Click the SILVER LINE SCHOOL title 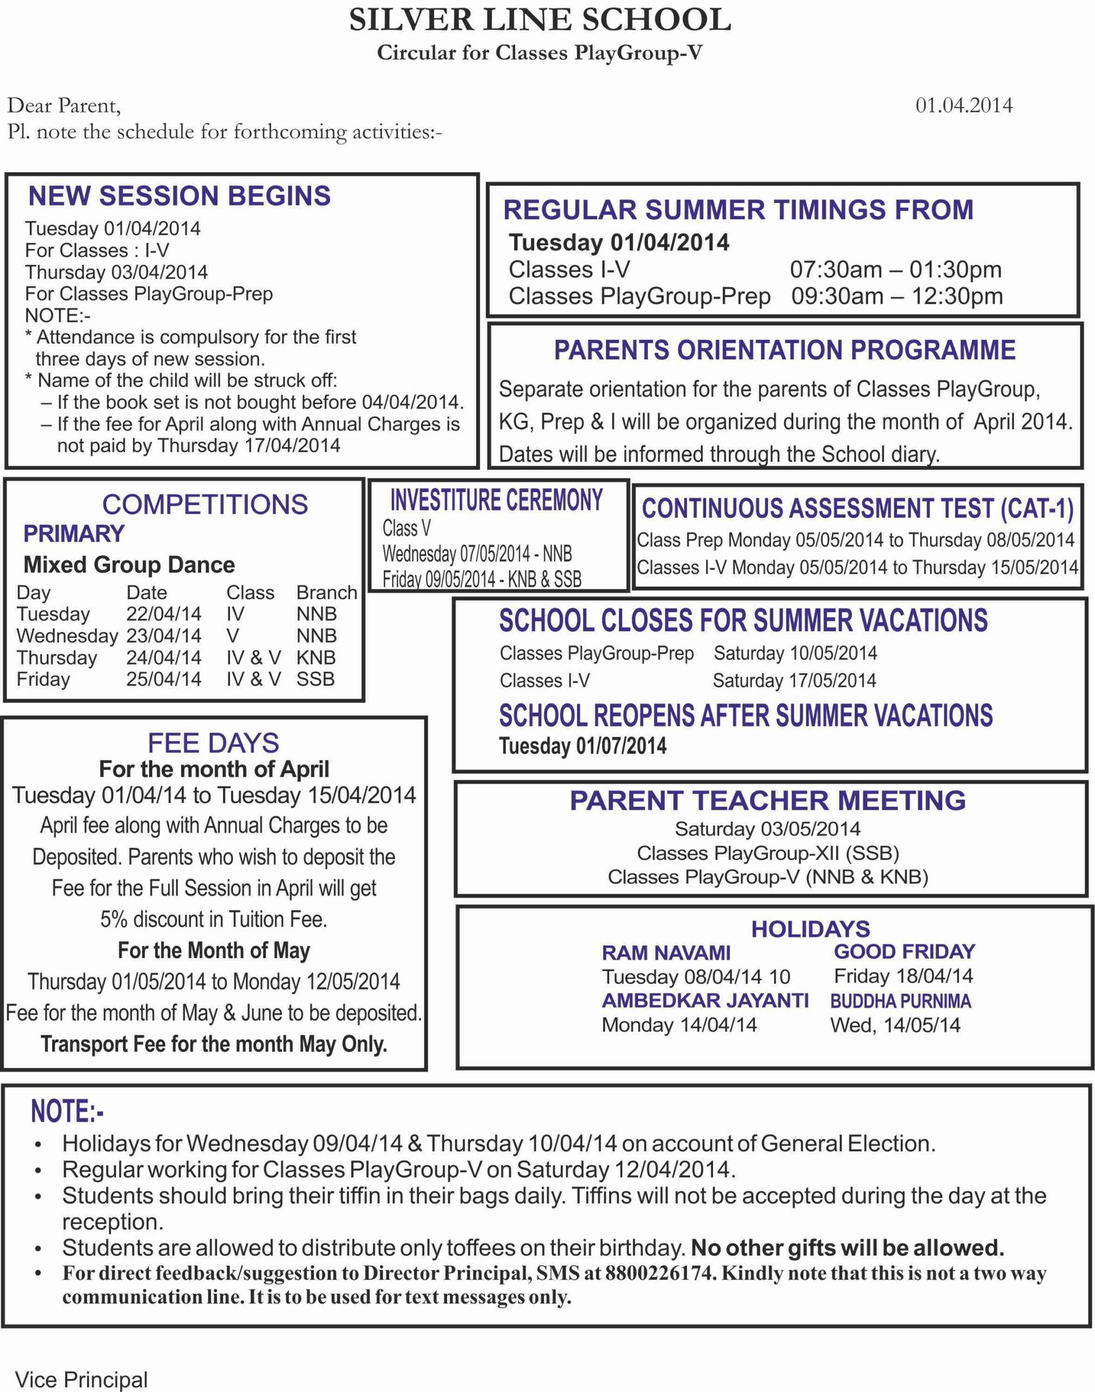coord(540,21)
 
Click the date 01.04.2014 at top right coord(963,105)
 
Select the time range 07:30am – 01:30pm coord(895,270)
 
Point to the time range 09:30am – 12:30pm coord(897,297)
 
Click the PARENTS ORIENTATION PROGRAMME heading coord(785,351)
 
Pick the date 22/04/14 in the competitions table coord(164,614)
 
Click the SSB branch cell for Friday coord(315,679)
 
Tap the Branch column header coord(326,592)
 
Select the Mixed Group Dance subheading coord(129,564)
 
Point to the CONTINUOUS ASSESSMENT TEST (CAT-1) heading coord(858,508)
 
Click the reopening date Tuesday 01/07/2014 coord(583,746)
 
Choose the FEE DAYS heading coord(213,743)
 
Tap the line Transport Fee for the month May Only coord(213,1044)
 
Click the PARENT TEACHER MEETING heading coord(768,800)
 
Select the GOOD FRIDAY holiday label coord(905,952)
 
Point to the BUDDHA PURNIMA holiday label coord(901,1001)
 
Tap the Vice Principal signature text coord(82,1379)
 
